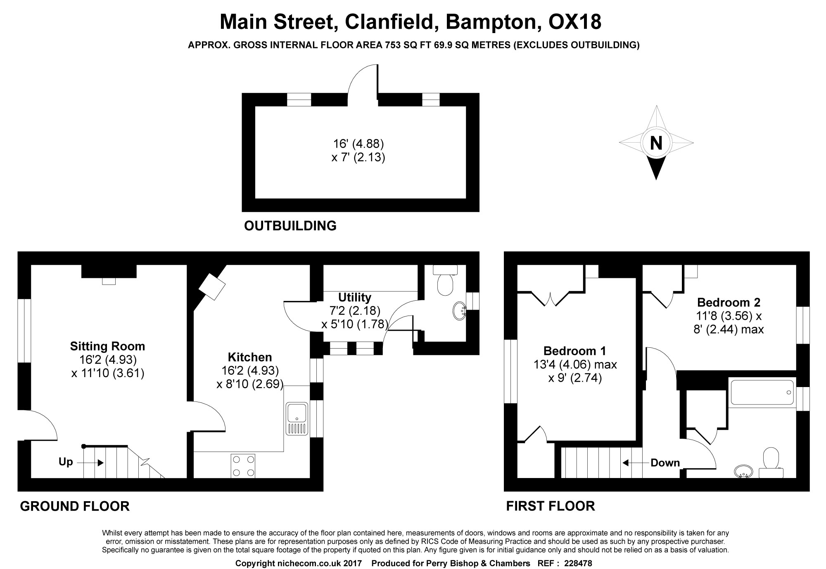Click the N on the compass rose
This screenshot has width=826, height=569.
tap(656, 143)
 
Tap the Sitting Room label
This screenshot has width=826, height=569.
tap(107, 346)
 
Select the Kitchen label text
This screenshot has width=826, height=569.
tap(250, 357)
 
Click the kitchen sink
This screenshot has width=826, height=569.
tap(297, 418)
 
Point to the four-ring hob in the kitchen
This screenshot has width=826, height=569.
tap(243, 466)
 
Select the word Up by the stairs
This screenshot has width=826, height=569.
tap(66, 462)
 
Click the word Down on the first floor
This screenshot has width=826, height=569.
tap(665, 463)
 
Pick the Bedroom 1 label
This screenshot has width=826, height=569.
tap(574, 351)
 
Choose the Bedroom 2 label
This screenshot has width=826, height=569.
tap(729, 302)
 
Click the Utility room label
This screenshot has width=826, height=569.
tap(354, 297)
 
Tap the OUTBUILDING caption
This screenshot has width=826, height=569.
tap(290, 226)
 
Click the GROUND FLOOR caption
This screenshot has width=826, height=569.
tap(75, 506)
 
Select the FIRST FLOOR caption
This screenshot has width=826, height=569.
tap(551, 506)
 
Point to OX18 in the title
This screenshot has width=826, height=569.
tap(574, 22)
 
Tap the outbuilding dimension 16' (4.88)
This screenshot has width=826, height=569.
tap(358, 144)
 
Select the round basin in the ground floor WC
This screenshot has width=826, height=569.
tap(459, 310)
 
